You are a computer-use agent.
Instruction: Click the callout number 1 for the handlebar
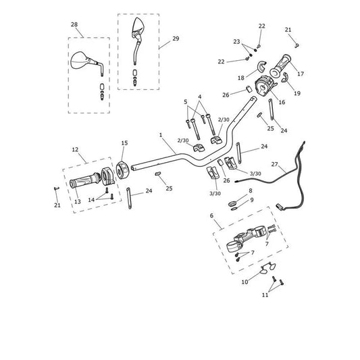coord(161,135)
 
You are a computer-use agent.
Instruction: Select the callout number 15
coord(124,143)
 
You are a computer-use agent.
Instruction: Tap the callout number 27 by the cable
coord(275,164)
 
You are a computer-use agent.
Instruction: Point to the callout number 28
coord(74,24)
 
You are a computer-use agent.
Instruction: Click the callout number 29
coord(176,38)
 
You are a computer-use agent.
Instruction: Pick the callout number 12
coord(75,149)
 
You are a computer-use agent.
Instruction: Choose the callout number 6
coord(211,215)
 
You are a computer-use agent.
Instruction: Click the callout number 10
coord(245,282)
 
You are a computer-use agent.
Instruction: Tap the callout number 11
coord(265,294)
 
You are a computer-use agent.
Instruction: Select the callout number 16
coord(282,102)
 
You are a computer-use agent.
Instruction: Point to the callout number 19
coord(297,93)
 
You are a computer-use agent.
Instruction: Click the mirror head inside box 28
coord(79,60)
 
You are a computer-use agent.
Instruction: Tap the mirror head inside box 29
coord(138,26)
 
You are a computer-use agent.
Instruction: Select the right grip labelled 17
coord(280,66)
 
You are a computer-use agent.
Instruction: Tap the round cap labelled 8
coord(232,203)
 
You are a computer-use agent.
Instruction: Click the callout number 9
coord(252,200)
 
